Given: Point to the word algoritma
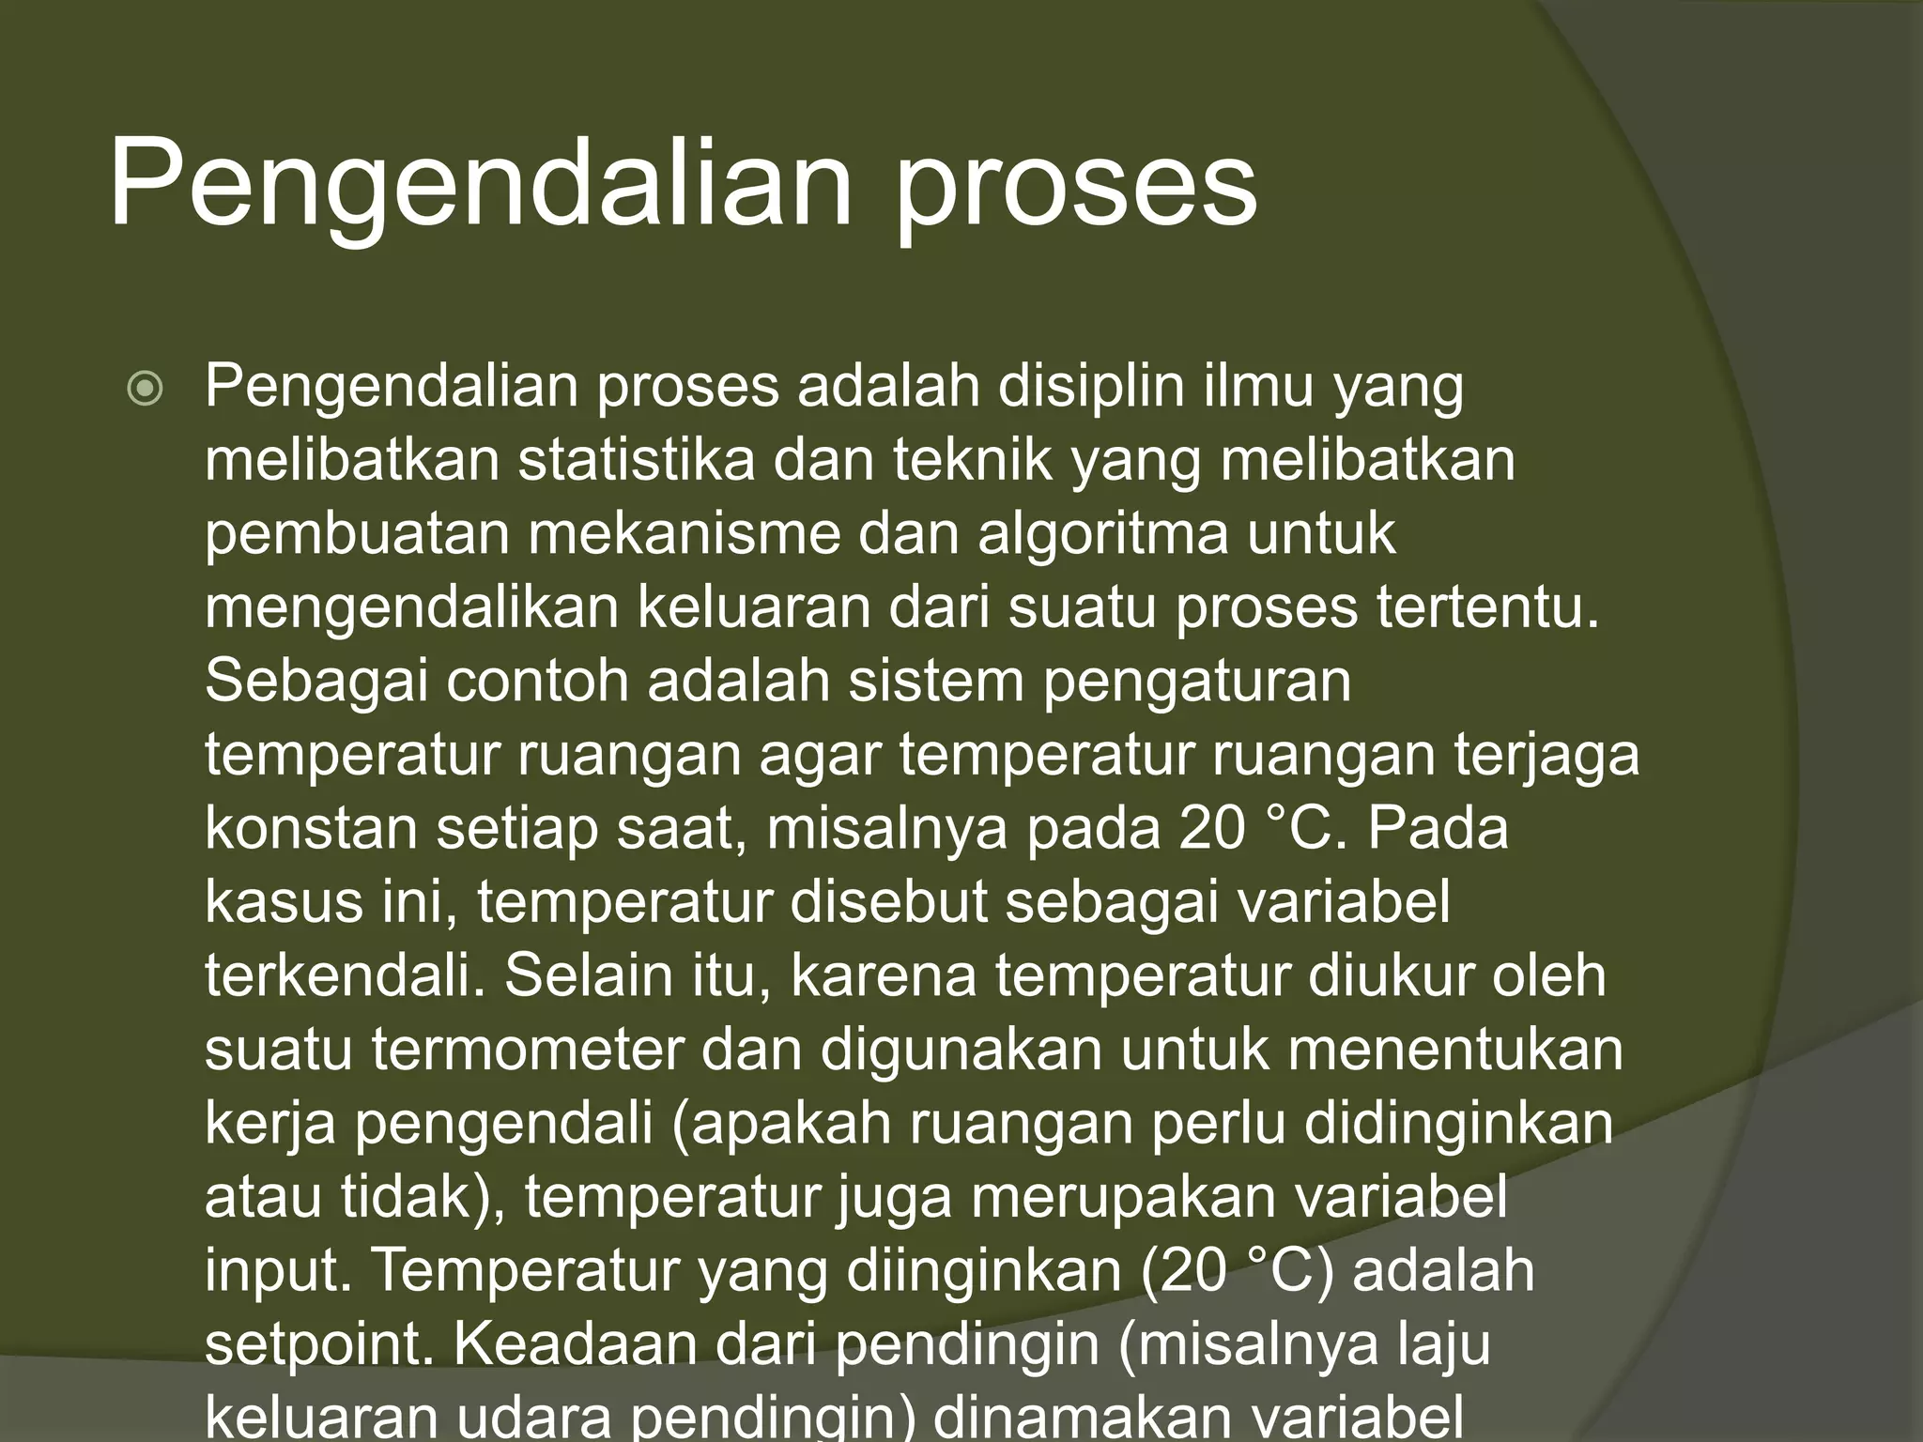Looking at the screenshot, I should click(1103, 533).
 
